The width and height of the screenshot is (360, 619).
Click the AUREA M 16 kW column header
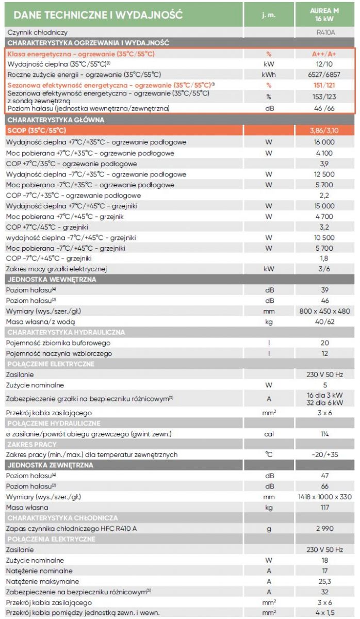324,14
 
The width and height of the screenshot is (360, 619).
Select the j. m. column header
269,15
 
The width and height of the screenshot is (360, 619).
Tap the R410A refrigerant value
325,32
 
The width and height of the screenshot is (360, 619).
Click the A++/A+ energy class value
324,54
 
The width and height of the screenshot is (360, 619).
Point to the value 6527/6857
324,75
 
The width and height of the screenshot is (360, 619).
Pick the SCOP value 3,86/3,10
324,131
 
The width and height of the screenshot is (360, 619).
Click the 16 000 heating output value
324,142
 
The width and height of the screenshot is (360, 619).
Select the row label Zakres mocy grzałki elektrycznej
56,269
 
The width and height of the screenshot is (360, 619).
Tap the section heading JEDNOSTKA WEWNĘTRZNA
52,280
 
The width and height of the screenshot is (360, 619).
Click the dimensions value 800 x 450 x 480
324,311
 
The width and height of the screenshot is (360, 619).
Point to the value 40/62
324,322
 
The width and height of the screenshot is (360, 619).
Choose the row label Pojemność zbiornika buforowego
58,343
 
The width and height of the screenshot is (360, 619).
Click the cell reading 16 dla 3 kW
324,395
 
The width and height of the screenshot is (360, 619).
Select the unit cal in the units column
269,434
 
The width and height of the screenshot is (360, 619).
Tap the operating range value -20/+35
324,454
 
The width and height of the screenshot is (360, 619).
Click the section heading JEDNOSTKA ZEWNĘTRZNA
51,465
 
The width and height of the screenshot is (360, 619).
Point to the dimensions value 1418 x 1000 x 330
324,497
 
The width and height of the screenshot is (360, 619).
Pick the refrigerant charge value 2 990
324,529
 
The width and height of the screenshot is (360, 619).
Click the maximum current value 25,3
324,581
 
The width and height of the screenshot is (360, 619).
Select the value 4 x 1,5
325,613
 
